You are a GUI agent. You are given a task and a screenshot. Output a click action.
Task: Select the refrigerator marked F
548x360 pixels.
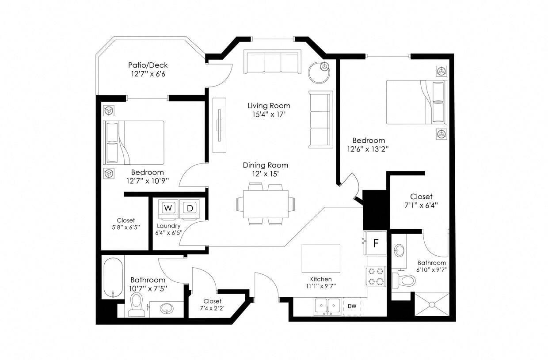pyautogui.click(x=376, y=243)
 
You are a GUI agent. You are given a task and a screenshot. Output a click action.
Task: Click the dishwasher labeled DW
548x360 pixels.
pyautogui.click(x=352, y=306)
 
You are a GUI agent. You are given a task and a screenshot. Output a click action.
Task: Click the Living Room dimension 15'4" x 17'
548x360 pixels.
pyautogui.click(x=269, y=114)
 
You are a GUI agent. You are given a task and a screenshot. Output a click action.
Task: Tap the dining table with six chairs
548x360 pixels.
pyautogui.click(x=265, y=204)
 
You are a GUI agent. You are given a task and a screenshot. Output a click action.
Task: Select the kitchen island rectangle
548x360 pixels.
pyautogui.click(x=321, y=258)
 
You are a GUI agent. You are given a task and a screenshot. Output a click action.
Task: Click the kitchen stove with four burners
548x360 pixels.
pyautogui.click(x=376, y=277)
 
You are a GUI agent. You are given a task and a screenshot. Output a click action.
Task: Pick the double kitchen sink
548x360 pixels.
pyautogui.click(x=327, y=306)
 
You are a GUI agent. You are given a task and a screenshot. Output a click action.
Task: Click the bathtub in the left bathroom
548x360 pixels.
pyautogui.click(x=113, y=278)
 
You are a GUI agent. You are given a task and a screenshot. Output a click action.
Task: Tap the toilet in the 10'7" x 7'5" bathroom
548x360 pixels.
pyautogui.click(x=137, y=304)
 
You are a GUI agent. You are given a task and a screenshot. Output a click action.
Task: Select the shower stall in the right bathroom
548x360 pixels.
pyautogui.click(x=432, y=304)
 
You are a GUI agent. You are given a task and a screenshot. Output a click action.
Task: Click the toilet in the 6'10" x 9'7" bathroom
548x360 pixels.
pyautogui.click(x=404, y=280)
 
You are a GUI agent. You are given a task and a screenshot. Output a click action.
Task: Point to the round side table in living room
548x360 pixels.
pyautogui.click(x=320, y=72)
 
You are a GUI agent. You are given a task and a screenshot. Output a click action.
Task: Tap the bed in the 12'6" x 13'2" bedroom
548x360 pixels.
pyautogui.click(x=416, y=102)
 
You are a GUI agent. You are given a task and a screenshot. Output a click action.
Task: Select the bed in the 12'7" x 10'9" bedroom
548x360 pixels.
pyautogui.click(x=134, y=142)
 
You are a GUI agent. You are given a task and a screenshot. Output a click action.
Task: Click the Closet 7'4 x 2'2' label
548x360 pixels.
pyautogui.click(x=212, y=304)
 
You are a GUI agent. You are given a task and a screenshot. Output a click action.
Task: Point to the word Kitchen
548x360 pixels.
pyautogui.click(x=320, y=279)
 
